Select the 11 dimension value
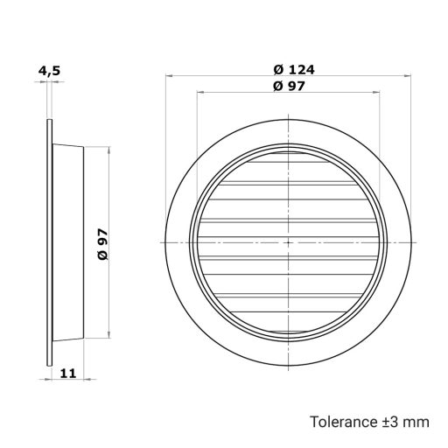coord(68,373)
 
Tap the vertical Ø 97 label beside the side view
coord(103,241)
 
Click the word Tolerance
coord(342,422)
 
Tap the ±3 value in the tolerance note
coord(391,422)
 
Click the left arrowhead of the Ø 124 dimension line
coord(168,77)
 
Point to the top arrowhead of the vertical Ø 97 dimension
coord(110,149)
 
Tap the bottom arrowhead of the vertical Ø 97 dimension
coord(110,334)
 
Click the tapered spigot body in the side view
coord(70,241)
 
